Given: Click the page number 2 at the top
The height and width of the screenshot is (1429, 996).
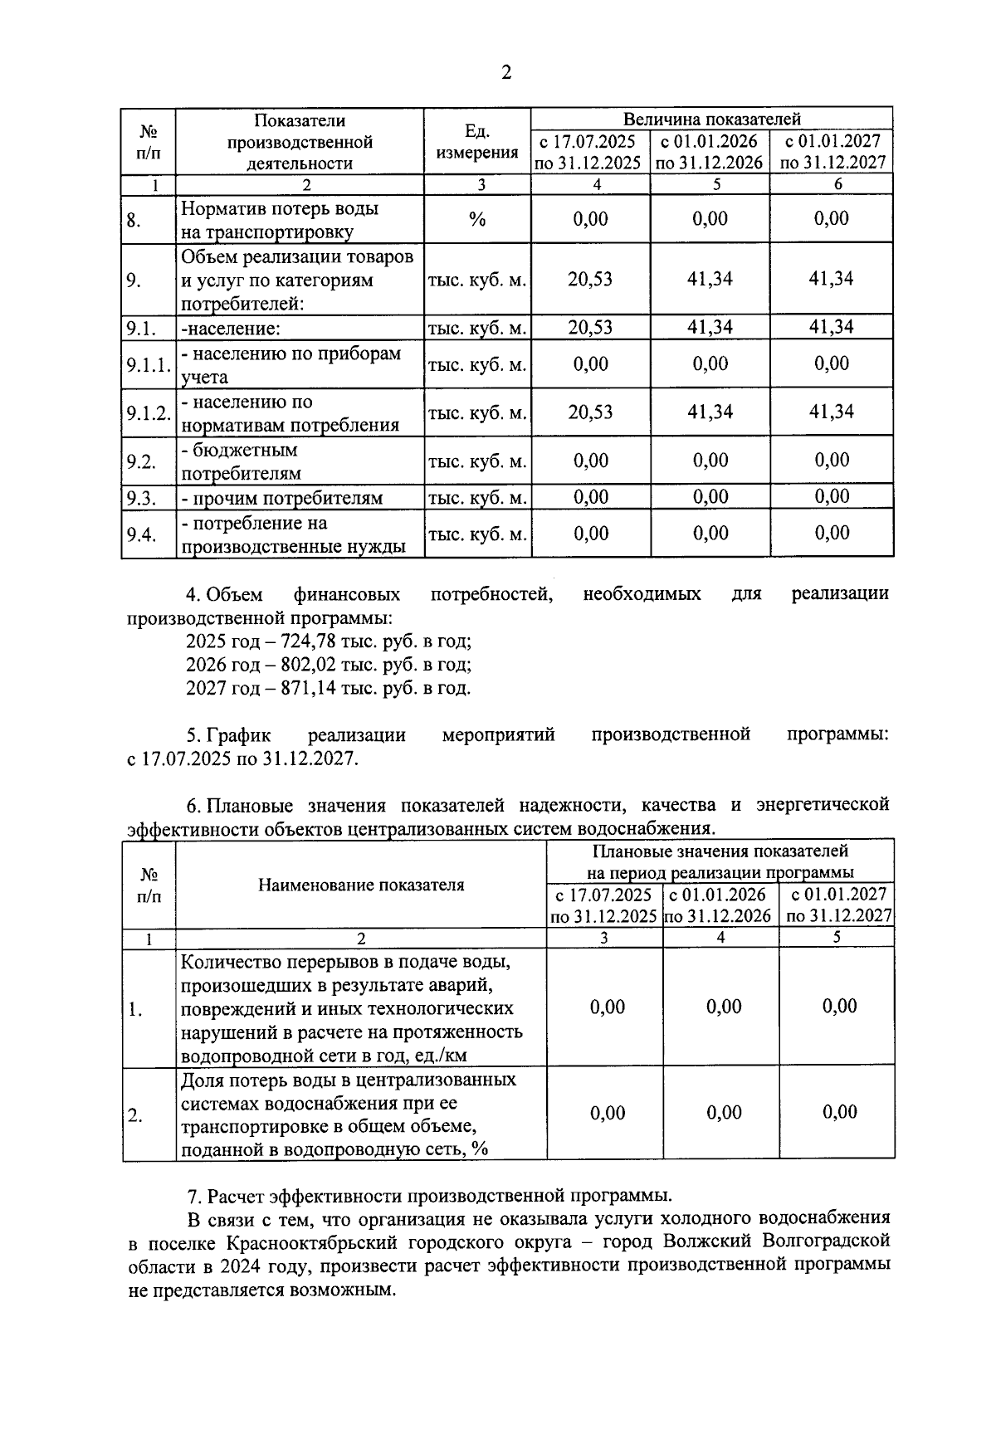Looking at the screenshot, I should click(x=506, y=73).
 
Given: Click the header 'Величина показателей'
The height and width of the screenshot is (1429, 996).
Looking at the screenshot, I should click(x=711, y=119).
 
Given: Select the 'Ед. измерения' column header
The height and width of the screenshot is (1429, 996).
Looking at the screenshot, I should click(x=477, y=142).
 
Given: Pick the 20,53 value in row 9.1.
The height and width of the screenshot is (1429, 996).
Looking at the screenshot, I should click(x=590, y=328).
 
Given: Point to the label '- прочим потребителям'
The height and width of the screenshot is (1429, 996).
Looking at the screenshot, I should click(x=282, y=499).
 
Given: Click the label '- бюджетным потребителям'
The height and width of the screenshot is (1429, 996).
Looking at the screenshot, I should click(x=240, y=462).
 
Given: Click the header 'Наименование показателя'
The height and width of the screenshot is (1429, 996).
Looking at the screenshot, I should click(x=361, y=885).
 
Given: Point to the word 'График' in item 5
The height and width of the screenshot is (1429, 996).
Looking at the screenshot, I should click(x=239, y=734).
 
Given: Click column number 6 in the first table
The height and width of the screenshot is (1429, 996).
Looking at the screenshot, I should click(x=837, y=185).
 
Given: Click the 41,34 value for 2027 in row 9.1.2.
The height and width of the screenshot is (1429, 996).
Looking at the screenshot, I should click(x=832, y=412).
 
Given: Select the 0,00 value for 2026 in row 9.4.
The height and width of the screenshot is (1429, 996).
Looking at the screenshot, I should click(x=710, y=533).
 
